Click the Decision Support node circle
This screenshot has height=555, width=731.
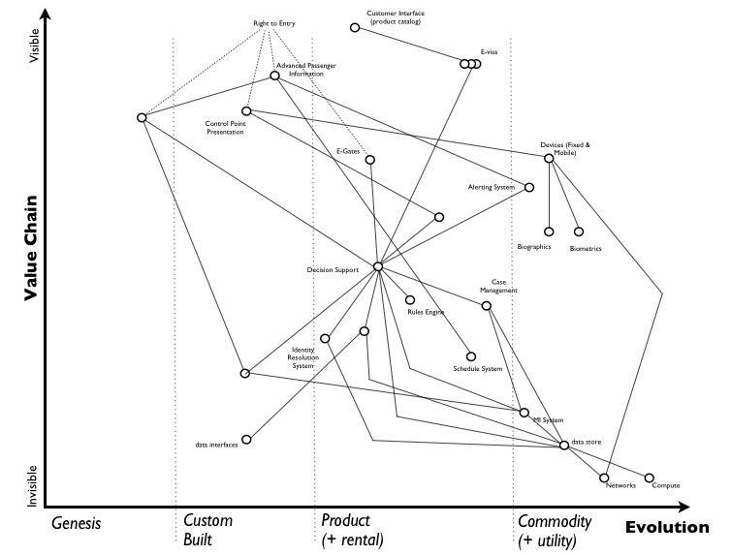[x=378, y=266]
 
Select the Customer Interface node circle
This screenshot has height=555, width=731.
[x=355, y=27]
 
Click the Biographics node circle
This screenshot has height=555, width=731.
[x=549, y=231]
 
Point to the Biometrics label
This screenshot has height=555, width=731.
[x=586, y=249]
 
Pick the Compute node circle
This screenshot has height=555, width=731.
[x=650, y=478]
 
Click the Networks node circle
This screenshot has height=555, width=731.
[x=604, y=478]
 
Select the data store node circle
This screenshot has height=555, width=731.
[x=564, y=446]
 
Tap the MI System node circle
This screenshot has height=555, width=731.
[x=524, y=412]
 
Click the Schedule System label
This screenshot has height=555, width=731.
[x=478, y=369]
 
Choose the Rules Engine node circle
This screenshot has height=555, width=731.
[x=410, y=300]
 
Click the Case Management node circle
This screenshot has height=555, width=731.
[x=487, y=306]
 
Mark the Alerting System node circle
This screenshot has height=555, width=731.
[x=530, y=187]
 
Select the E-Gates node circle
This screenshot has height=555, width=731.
[x=370, y=160]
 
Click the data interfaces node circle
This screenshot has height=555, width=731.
[x=246, y=439]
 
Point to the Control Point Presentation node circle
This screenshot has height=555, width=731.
[x=246, y=111]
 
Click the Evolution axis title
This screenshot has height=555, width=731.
[x=666, y=528]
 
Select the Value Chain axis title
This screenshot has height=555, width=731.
[x=31, y=248]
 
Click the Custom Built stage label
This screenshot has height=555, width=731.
[x=207, y=530]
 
